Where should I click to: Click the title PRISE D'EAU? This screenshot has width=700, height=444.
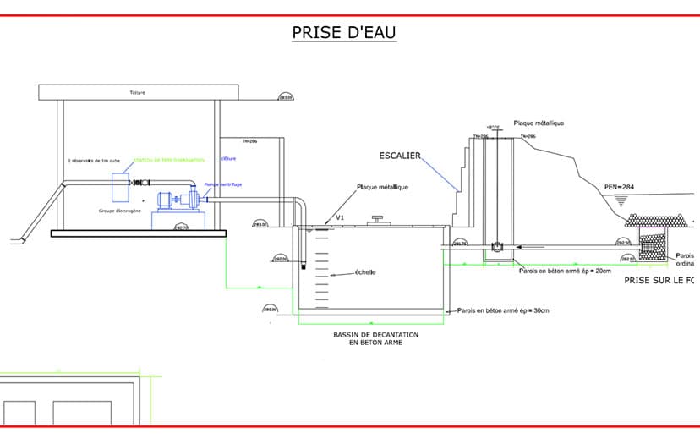[x=343, y=32]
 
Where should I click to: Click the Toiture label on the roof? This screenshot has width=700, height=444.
[x=139, y=92]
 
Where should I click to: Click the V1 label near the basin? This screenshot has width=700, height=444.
[x=341, y=217]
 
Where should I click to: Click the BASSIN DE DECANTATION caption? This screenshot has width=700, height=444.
[x=372, y=339]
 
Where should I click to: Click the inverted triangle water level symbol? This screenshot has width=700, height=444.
[x=621, y=199]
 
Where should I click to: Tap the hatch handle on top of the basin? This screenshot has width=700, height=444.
[x=375, y=221]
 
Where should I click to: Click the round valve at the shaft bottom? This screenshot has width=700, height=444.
[x=497, y=247]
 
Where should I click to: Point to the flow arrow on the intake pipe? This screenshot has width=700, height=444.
[x=519, y=246]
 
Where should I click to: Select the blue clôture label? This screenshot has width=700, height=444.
[x=228, y=158]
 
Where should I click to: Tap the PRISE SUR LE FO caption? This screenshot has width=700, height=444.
[x=660, y=279]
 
